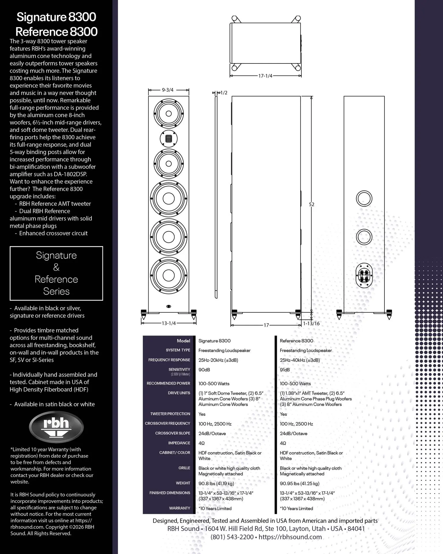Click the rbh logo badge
click(x=56, y=426)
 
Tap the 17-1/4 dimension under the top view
click(x=265, y=76)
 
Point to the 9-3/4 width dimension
click(x=168, y=90)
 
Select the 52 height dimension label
click(x=311, y=204)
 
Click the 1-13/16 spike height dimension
click(x=311, y=323)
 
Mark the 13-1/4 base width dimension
click(x=169, y=323)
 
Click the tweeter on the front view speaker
click(x=169, y=138)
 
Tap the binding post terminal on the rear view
click(x=364, y=275)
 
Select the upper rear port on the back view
click(x=364, y=199)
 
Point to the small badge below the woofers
click(x=169, y=306)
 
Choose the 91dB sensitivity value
click(x=285, y=370)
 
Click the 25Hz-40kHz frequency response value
click(x=300, y=360)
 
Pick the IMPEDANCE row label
click(x=179, y=443)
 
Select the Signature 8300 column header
click(x=215, y=341)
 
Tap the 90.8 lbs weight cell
click(x=216, y=483)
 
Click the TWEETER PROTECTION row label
click(x=170, y=414)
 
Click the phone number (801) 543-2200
click(x=232, y=537)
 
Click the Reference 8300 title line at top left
click(x=57, y=31)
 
